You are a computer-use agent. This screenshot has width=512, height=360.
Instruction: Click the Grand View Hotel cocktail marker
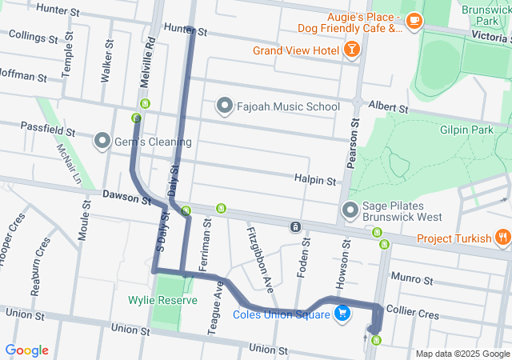click(x=350, y=50)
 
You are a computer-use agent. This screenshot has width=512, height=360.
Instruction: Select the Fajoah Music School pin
click(x=225, y=106)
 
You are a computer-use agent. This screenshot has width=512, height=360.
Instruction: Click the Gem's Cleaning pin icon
click(x=102, y=142)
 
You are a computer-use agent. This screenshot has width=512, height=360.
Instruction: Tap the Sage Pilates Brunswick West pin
click(x=350, y=210)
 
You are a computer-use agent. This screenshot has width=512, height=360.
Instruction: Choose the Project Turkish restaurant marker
click(x=502, y=238)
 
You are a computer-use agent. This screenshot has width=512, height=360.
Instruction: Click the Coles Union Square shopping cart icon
click(x=342, y=314)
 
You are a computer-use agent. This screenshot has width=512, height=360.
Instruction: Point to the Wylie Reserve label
click(x=162, y=301)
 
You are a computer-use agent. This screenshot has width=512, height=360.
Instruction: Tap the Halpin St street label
click(x=314, y=182)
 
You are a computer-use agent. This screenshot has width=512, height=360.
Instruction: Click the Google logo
click(x=26, y=350)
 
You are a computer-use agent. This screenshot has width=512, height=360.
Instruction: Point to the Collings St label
click(x=33, y=37)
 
